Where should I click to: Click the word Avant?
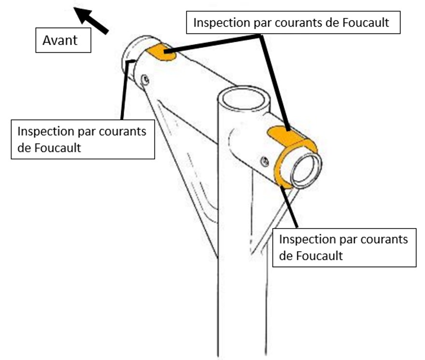60,40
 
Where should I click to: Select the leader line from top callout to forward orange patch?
212,43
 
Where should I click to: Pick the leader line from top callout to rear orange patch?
276,82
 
